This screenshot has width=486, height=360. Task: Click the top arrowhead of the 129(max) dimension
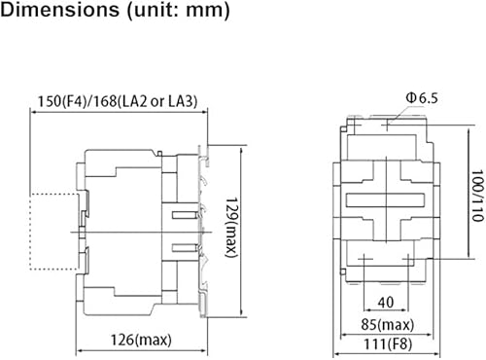pos(236,149)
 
